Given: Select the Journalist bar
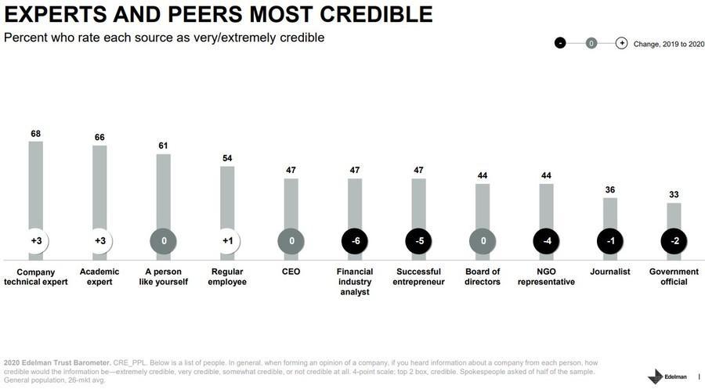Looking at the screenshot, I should coord(610,213).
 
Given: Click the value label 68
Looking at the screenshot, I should coord(36,134).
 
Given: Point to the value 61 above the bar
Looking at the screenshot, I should coord(164,146).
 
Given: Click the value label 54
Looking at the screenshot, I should coord(227,159).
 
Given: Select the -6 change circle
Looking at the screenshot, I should coord(355,241).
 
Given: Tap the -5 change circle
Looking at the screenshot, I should coord(419,241).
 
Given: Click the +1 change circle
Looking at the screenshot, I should coord(227,241).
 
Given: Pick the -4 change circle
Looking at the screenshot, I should coord(547,241).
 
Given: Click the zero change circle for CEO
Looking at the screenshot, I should coord(291,241).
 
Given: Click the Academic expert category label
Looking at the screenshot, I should coord(99,277).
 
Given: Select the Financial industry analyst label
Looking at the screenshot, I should coord(355,282).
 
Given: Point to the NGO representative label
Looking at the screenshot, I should coord(546,277).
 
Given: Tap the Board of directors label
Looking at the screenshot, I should coord(483,277).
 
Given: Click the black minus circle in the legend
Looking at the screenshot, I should coord(560,43).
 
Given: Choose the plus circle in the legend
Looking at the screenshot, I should coord(621,43).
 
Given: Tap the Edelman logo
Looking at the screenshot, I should coord(664,376).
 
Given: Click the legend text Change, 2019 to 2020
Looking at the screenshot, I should coord(669,44).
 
